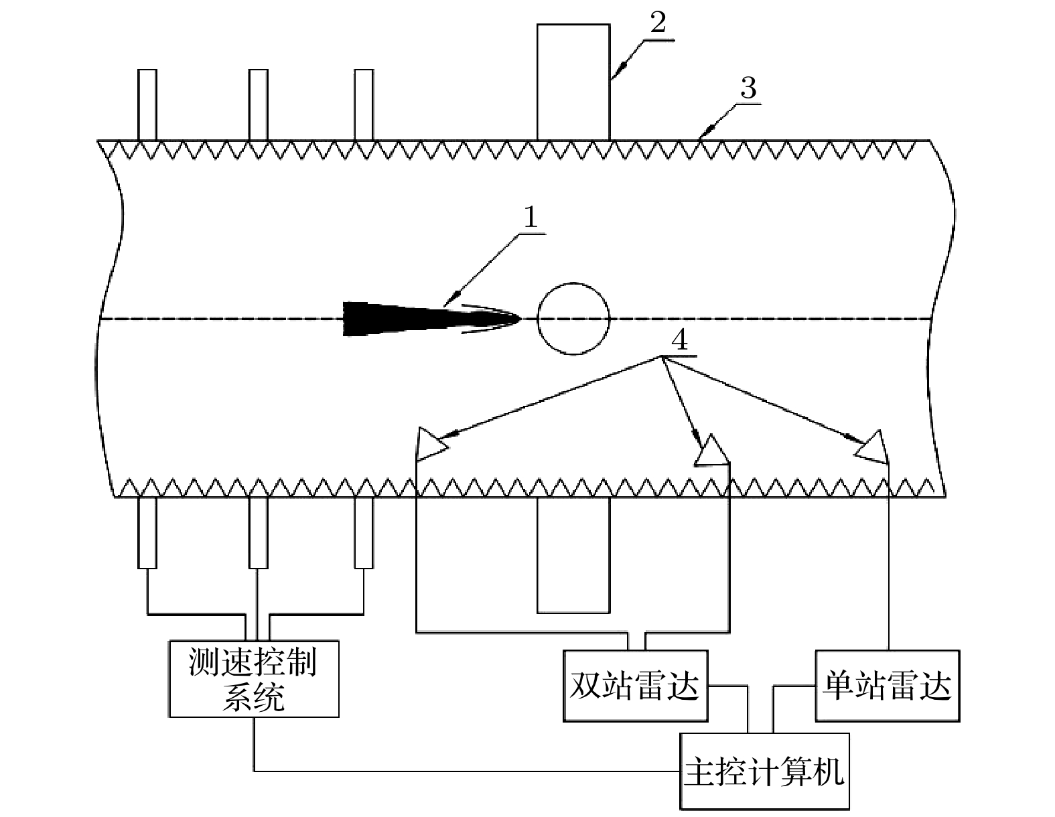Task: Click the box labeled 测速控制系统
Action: coord(253,679)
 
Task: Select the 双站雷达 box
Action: coord(635,685)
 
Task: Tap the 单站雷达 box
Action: coord(887,685)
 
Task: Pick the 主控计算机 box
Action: coord(764,771)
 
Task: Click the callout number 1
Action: coord(531,218)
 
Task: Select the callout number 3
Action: coord(748,88)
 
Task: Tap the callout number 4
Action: coord(679,342)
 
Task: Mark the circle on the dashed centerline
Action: coord(573,318)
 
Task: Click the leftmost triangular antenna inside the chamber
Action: coord(429,444)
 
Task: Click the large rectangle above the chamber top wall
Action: coord(573,82)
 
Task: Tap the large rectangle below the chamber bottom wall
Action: coord(573,554)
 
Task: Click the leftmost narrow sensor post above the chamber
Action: coord(147,104)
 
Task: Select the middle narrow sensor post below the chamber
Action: coord(258,532)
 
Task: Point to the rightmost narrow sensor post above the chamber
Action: coord(364,104)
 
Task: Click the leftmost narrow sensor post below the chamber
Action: coord(147,532)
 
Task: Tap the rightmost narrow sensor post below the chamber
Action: coord(364,532)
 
